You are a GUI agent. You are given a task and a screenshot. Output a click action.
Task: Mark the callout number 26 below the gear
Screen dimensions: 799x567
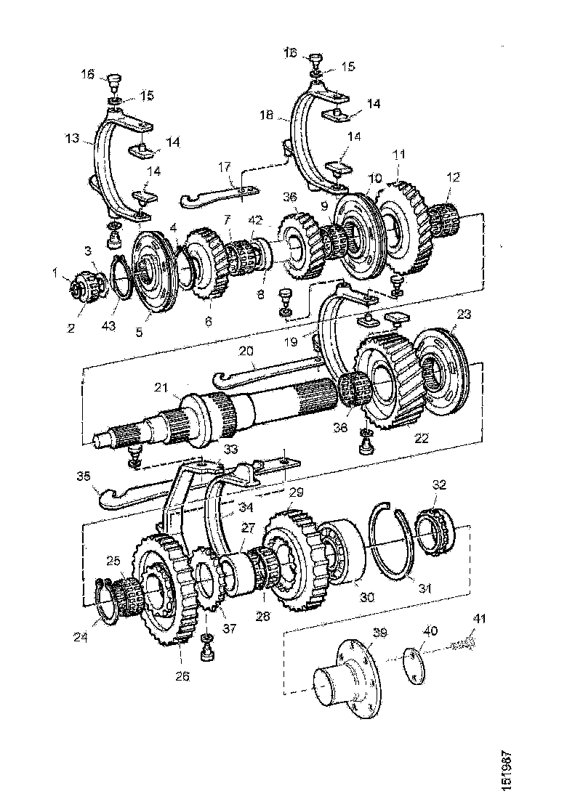(182, 676)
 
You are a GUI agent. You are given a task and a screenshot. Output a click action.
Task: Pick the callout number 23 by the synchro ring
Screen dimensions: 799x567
(465, 315)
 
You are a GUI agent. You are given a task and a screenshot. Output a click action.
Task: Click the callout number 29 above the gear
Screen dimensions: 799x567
(296, 492)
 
